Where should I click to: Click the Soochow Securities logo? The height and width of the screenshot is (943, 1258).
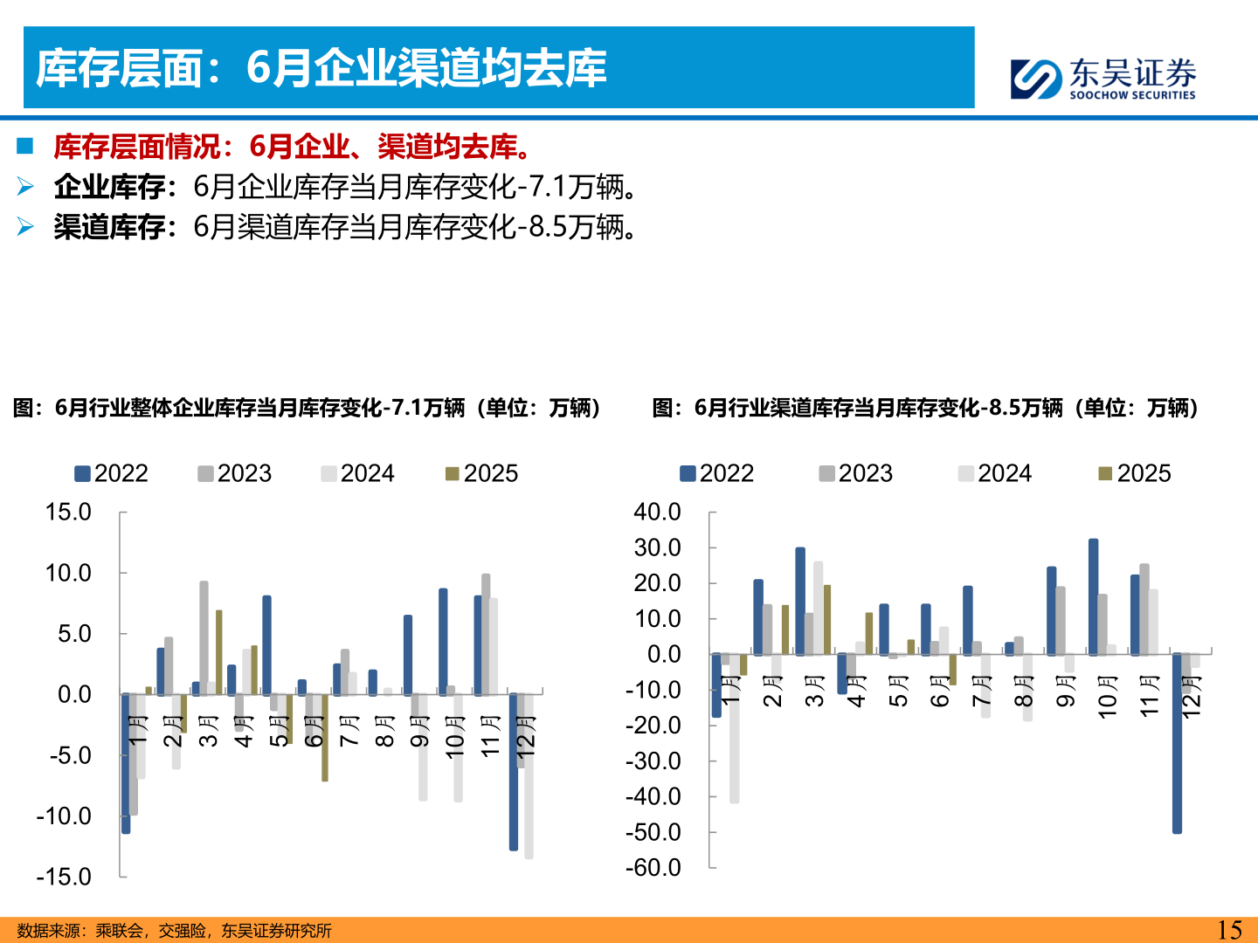point(1102,79)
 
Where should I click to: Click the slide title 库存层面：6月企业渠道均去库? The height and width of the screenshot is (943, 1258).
point(321,68)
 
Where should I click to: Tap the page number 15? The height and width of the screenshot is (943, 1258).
point(1229,930)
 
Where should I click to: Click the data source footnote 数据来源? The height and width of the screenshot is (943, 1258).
point(174,931)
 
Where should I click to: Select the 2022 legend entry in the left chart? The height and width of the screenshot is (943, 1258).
point(111,473)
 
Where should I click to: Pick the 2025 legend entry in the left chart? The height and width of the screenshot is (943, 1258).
point(481,473)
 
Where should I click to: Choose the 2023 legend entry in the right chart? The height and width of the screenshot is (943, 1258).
point(855,473)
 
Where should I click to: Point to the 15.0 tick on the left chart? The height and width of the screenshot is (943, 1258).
point(68,512)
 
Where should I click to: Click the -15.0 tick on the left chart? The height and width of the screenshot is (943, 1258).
point(64,877)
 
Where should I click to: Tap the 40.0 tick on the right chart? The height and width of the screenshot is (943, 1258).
point(657,512)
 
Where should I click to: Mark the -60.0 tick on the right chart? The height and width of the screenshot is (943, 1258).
point(653,868)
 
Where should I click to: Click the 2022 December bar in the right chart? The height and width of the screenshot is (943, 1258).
point(1177,743)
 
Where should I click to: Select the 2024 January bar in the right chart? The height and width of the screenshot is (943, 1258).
point(735,728)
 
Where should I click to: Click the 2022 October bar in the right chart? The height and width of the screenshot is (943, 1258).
point(1093,596)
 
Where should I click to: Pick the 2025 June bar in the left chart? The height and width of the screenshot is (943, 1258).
point(325,738)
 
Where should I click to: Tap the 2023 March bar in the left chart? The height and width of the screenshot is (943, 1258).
point(204,637)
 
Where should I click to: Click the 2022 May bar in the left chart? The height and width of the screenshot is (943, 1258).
point(266,645)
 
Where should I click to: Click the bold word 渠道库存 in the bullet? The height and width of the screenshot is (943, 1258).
point(109,227)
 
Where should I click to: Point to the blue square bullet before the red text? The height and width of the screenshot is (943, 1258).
point(24,146)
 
